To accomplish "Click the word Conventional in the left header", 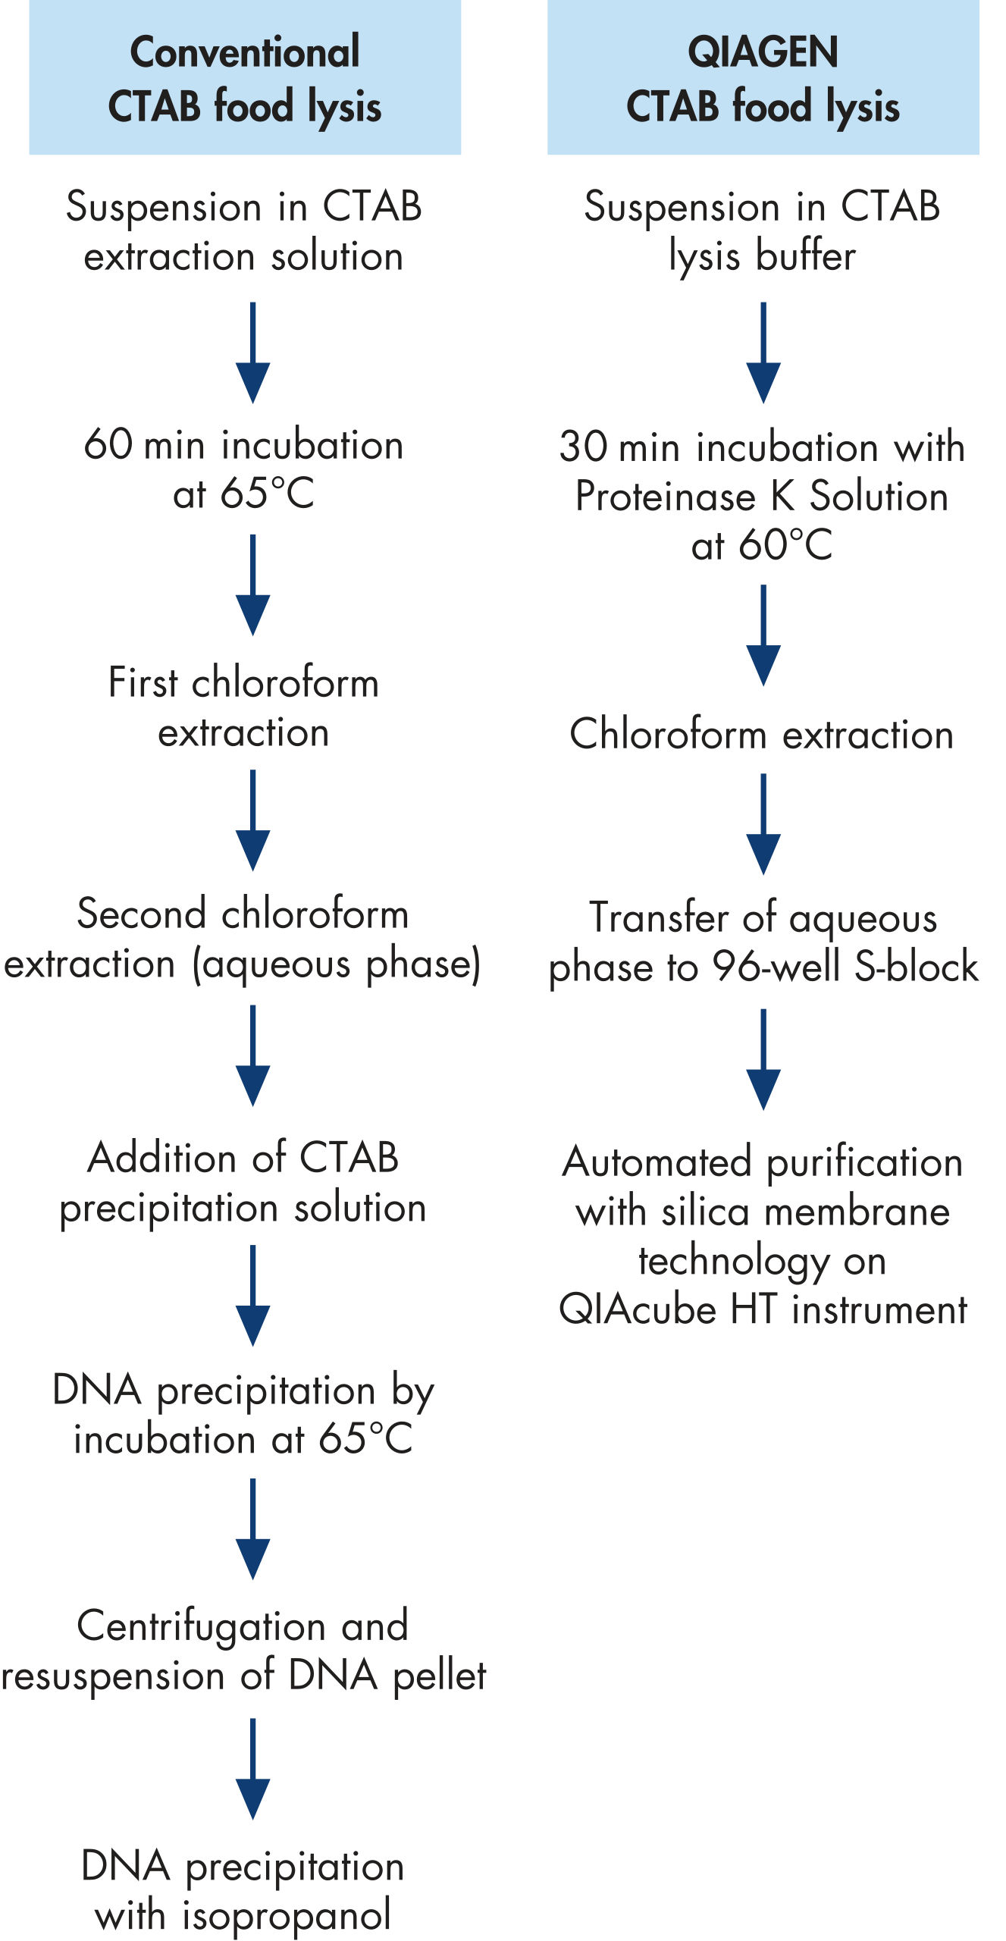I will [245, 52].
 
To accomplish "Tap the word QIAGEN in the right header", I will [763, 52].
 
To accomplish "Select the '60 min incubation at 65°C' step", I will [243, 468].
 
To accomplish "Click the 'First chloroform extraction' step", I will [243, 707].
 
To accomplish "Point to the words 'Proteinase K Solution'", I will [762, 497].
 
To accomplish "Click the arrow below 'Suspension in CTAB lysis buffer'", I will [763, 352].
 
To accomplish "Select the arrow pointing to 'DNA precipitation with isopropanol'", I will [252, 1768].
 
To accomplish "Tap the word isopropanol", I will [286, 1914].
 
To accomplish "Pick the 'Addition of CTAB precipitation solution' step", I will [243, 1182].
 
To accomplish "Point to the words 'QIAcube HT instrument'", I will [763, 1309].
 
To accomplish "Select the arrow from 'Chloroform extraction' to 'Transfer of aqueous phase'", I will [763, 823].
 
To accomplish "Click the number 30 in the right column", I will [583, 447].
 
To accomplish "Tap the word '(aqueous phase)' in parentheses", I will [337, 964].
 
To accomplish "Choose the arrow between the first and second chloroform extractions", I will [252, 820].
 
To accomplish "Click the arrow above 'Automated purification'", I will [763, 1058].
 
